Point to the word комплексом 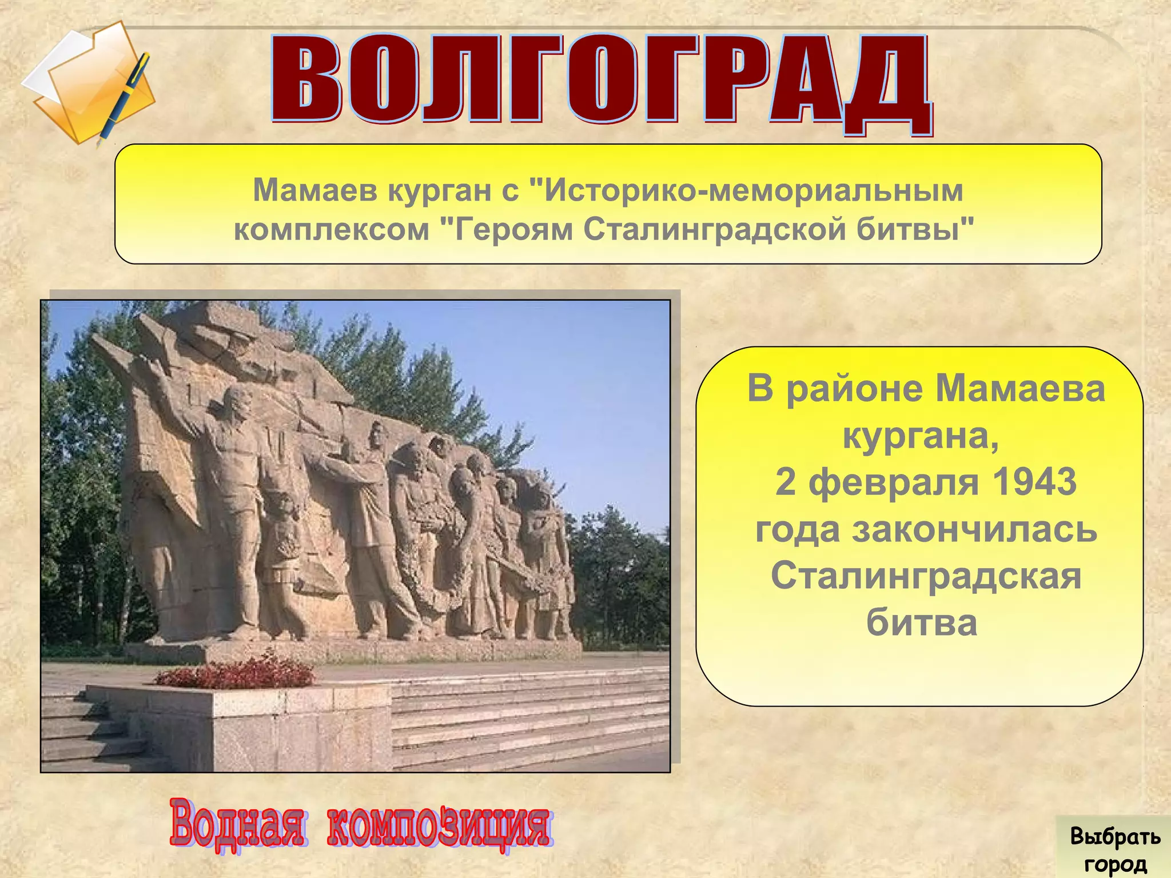click(x=332, y=230)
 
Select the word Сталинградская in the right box click(x=926, y=576)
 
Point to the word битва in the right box click(x=922, y=622)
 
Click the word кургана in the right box click(x=921, y=436)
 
